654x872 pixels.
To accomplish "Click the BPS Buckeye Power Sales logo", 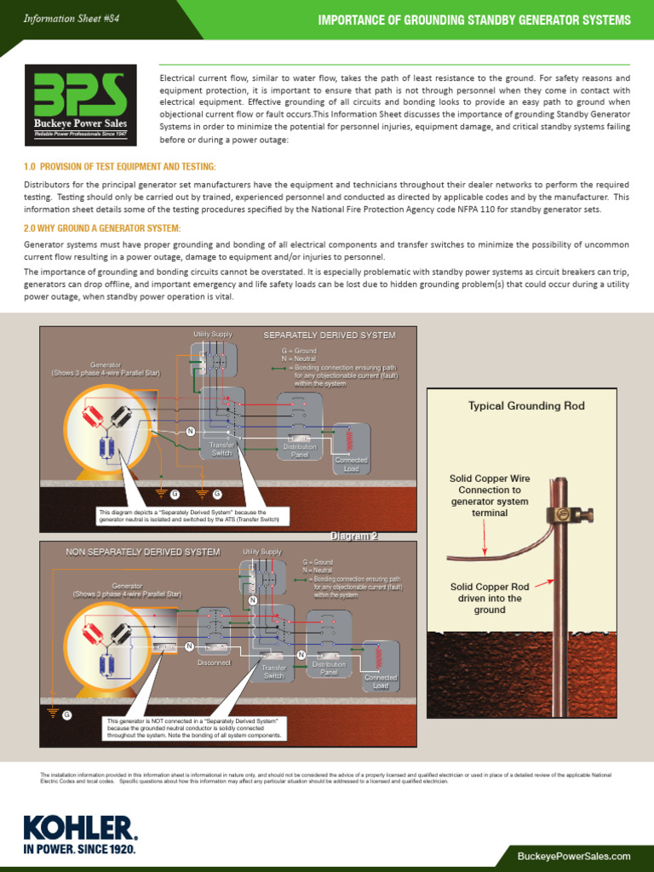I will click(80, 105).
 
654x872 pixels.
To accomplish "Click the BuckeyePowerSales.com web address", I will click(573, 855).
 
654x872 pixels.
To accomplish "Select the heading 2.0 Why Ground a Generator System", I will click(102, 228).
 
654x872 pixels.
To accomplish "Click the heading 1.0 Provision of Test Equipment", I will click(119, 166).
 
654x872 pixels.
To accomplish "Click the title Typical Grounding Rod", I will click(526, 406).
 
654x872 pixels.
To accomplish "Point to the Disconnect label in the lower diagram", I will click(214, 662).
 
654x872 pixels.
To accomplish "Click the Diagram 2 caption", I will click(353, 536).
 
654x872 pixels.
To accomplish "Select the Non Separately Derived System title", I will click(143, 552).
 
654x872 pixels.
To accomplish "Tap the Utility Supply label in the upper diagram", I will click(213, 334).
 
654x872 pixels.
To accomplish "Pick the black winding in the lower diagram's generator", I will click(121, 632).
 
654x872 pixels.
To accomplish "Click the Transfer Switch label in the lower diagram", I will click(274, 672).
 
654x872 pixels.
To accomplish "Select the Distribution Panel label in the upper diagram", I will click(299, 450).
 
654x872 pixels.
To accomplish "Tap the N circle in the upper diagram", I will click(190, 431).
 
